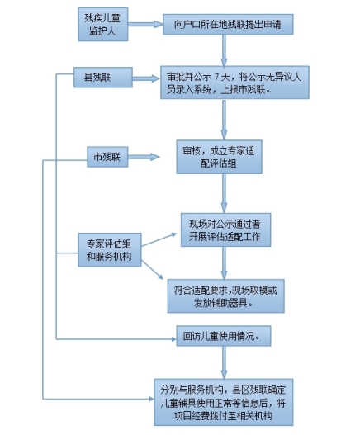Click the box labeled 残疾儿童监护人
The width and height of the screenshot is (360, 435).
point(103,25)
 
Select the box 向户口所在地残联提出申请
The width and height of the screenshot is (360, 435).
point(228,25)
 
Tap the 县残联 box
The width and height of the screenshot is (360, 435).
point(103,78)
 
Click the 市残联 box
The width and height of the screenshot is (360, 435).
point(107,157)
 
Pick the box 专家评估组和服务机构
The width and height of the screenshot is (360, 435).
point(110,250)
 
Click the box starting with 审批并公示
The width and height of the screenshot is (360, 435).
point(234,83)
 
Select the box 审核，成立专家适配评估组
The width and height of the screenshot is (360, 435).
point(220,157)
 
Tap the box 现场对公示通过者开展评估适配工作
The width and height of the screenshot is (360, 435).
point(225,230)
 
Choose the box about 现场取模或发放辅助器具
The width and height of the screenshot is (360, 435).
point(226,296)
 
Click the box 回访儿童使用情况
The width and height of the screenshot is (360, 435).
point(224,336)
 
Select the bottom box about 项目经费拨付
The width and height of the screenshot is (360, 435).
point(224,402)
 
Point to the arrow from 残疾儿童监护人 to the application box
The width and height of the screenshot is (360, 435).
point(145,25)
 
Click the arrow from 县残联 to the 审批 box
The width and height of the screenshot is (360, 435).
point(146,78)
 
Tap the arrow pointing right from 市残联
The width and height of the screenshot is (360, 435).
point(144,157)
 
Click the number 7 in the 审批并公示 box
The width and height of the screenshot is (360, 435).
point(217,76)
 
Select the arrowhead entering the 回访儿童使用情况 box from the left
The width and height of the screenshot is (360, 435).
point(174,339)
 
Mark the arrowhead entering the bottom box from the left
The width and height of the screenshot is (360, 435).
point(152,399)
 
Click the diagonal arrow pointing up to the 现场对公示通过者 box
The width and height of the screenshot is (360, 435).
point(159,240)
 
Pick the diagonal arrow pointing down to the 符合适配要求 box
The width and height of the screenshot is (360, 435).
point(153,269)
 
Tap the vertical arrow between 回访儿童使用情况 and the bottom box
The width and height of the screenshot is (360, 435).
point(224,362)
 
